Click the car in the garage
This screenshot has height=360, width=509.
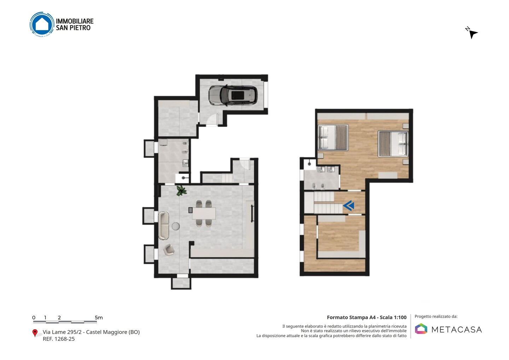(233, 95)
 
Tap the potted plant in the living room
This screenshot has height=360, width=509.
(181, 191)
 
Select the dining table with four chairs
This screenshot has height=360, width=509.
(204, 213)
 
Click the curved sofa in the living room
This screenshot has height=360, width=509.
(164, 226)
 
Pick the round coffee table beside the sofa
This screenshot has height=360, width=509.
(176, 226)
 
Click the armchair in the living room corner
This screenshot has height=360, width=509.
(169, 250)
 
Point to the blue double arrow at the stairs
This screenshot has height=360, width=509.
(349, 205)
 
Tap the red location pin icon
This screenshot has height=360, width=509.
(35, 333)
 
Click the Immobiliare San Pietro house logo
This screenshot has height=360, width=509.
(42, 24)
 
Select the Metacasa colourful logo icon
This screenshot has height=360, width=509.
(421, 329)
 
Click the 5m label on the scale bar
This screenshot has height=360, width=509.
(99, 318)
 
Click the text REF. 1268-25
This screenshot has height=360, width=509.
(59, 339)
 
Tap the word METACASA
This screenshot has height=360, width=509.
(457, 330)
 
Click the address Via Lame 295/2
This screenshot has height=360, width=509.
(62, 332)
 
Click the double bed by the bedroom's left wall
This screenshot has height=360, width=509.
(333, 138)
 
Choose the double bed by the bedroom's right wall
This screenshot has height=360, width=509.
(393, 144)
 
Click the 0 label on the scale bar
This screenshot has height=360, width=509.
(34, 318)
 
